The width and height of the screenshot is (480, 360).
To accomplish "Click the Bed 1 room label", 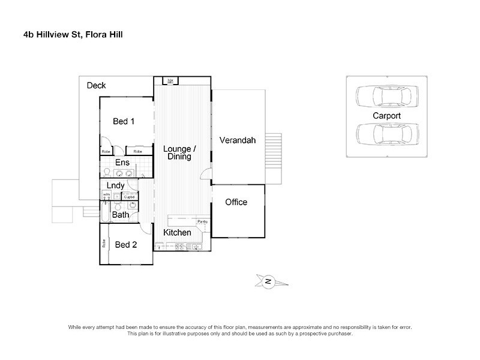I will point(124,121).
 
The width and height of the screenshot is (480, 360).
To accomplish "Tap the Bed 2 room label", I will point(127,244).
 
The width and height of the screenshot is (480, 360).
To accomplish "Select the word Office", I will point(236,202).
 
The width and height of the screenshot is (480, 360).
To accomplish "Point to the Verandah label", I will point(238,140).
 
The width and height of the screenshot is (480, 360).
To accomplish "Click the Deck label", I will point(96,86).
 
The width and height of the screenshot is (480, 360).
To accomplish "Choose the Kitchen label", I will point(178,232).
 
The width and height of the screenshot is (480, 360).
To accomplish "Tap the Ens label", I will point(122,163).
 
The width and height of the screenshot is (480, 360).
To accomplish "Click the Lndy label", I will point(115,186).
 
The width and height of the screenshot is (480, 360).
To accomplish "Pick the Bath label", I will point(121,215).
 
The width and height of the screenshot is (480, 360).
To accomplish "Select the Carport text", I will point(386,115).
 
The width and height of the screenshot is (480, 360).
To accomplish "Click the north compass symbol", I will point(268,281).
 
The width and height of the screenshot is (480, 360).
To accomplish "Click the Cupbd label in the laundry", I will point(130,196).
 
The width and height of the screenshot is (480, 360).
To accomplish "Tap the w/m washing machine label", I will point(106,195).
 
